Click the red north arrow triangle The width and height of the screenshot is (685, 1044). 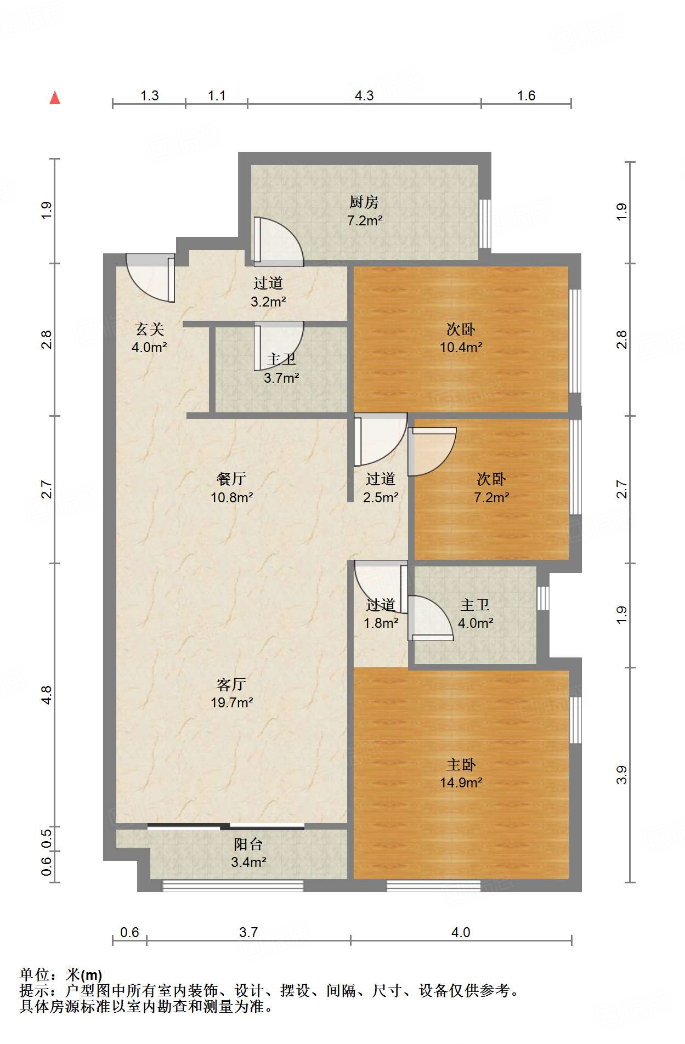coord(55,98)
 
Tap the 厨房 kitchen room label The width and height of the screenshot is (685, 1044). coord(364,202)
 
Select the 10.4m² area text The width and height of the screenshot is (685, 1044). coord(461,347)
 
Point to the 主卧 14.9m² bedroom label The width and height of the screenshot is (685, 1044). coord(461,773)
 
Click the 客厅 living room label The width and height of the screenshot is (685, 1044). coord(231,684)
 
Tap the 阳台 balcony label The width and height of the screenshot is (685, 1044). coord(248,844)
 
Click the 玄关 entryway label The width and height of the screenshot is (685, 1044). coord(149,330)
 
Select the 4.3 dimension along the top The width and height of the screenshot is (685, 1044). coord(364,96)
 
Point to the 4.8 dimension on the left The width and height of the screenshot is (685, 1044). coord(47,695)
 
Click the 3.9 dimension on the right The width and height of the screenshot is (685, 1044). coord(621,775)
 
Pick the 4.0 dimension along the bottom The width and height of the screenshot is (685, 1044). coord(461,933)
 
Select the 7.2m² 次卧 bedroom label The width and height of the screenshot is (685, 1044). coord(491,488)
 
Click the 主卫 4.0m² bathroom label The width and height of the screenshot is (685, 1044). coord(475,614)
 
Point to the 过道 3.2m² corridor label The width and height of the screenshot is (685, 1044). coord(268,292)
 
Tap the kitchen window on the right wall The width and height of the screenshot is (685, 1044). coord(485,224)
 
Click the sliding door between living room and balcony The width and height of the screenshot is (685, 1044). coord(226,826)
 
